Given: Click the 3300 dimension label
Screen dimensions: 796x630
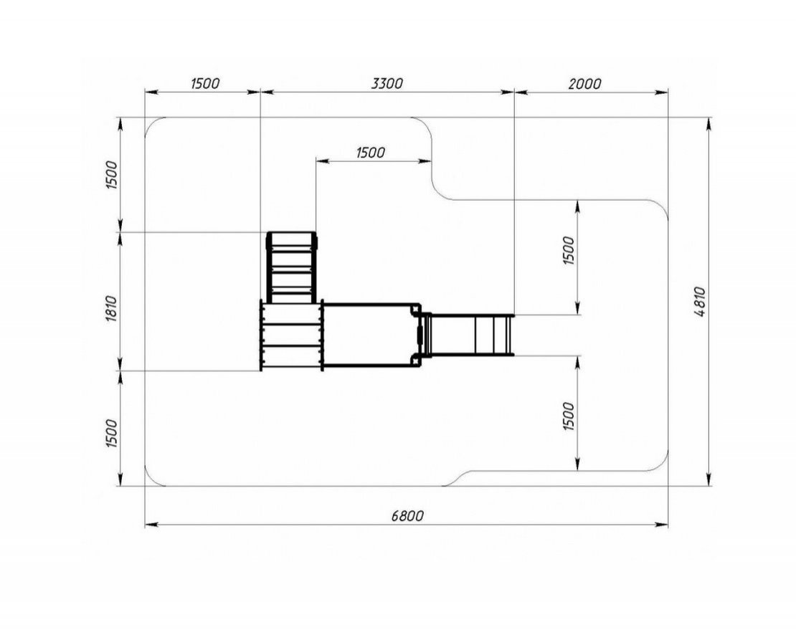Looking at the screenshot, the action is (x=387, y=83).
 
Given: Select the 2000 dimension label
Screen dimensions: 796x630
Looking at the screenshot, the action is (x=584, y=84).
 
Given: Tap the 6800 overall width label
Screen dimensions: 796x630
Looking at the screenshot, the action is (x=407, y=516).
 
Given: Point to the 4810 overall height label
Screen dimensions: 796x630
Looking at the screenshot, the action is (x=699, y=302).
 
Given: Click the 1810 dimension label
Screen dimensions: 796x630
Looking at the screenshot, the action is (x=112, y=308).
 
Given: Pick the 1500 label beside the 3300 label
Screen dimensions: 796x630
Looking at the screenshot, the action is (x=205, y=83).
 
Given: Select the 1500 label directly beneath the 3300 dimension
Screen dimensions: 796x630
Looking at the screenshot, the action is (x=371, y=152).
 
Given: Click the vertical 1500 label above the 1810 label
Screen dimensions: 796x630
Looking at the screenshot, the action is (x=112, y=175).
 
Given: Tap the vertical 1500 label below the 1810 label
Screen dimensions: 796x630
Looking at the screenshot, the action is (x=112, y=433).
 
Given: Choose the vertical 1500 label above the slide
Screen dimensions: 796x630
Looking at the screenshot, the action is (x=569, y=250).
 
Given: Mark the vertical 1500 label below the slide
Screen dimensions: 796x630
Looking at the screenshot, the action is (x=569, y=416).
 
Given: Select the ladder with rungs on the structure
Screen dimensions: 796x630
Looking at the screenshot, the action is (x=292, y=267).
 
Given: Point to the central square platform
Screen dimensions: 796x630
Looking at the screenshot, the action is (x=371, y=335).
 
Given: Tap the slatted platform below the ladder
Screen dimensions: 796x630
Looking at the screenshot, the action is (x=292, y=335).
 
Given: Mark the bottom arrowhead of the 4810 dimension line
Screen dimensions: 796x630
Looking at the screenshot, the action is (x=709, y=479).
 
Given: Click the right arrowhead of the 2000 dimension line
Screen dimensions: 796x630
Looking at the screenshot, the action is (x=661, y=92).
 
